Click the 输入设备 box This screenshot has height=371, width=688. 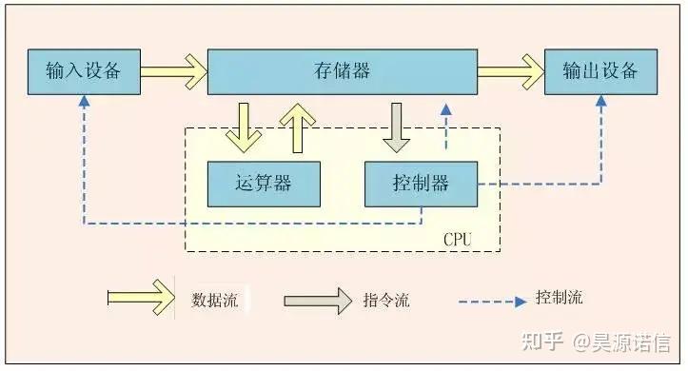coord(85,71)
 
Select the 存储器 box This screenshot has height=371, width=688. coord(342,71)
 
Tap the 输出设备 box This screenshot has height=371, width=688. coord(600,71)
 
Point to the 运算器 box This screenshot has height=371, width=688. coord(264,184)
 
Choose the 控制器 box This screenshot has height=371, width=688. coord(421,184)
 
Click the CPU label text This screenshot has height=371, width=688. coord(457,238)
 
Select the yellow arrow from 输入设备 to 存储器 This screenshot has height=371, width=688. coord(173,71)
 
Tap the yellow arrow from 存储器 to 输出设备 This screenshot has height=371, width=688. coord(509,71)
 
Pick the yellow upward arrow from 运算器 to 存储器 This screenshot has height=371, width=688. coord(299,127)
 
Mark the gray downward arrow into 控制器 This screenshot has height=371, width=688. coord(396,127)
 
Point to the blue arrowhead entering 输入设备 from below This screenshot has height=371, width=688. coord(85,101)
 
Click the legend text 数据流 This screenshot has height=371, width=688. coord(214,300)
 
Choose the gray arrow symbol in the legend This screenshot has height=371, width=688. coord(317,300)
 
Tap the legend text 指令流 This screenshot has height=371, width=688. coord(386,300)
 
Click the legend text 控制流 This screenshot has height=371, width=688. coord(560,298)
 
